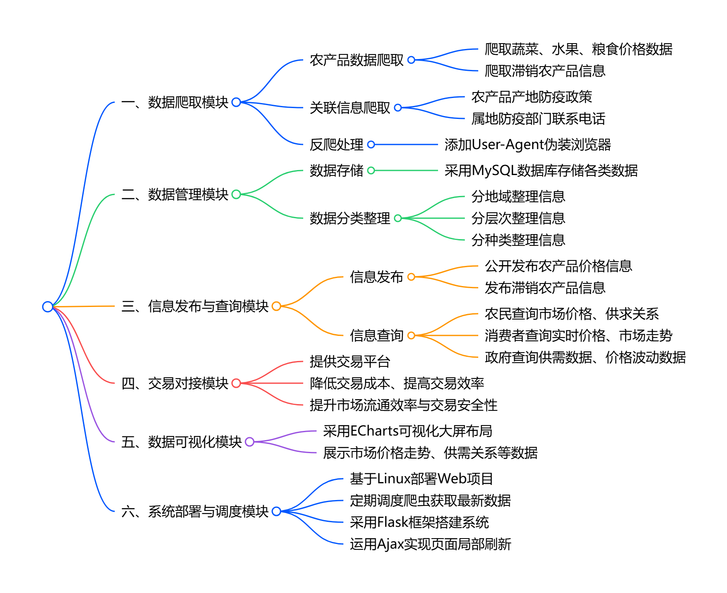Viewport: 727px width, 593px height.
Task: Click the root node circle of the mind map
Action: pyautogui.click(x=48, y=307)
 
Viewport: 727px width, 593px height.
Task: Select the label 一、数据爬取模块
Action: pyautogui.click(x=175, y=102)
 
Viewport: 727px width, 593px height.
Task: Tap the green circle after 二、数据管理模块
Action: pyautogui.click(x=236, y=194)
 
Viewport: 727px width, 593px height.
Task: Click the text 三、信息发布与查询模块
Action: pyautogui.click(x=195, y=306)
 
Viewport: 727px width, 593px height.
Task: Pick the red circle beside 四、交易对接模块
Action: pyautogui.click(x=236, y=383)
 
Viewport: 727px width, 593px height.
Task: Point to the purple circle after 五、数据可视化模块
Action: pyautogui.click(x=250, y=442)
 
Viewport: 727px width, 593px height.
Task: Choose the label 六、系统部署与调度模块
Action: pyautogui.click(x=195, y=511)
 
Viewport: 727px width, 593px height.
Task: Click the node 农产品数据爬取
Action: pyautogui.click(x=356, y=60)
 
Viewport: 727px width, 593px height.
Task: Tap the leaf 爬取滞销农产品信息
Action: pyautogui.click(x=545, y=71)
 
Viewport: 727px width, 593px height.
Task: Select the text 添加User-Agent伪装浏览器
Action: pyautogui.click(x=528, y=144)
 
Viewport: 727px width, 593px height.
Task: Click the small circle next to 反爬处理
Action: pyautogui.click(x=371, y=144)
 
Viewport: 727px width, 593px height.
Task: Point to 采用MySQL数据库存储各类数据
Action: pyautogui.click(x=541, y=170)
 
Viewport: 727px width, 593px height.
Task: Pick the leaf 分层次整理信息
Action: pyautogui.click(x=518, y=218)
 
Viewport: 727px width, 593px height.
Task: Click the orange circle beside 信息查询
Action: pyautogui.click(x=411, y=335)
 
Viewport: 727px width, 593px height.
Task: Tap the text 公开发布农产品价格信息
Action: pyautogui.click(x=558, y=266)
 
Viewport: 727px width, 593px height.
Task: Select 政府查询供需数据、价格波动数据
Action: pyautogui.click(x=585, y=357)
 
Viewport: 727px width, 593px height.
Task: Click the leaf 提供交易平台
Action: pyautogui.click(x=350, y=361)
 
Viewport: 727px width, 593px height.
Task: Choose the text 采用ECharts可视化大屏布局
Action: pyautogui.click(x=407, y=431)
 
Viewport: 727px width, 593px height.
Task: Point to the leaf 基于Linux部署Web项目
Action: pyautogui.click(x=421, y=479)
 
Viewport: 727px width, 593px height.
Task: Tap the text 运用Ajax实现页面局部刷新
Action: pyautogui.click(x=431, y=544)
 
